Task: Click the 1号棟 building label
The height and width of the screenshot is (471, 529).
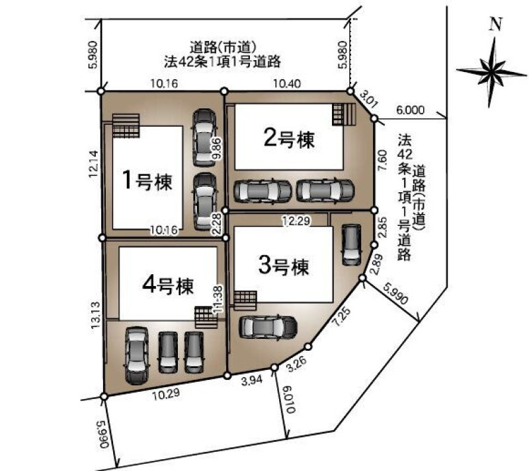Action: click(147, 180)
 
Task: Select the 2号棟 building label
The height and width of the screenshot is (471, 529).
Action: click(289, 139)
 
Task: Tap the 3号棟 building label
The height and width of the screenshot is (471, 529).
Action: click(284, 266)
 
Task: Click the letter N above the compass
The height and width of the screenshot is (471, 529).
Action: click(495, 24)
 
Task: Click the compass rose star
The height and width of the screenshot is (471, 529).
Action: click(491, 72)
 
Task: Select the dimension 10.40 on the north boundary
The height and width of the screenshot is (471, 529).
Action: click(287, 83)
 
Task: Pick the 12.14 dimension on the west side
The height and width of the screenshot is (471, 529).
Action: click(93, 164)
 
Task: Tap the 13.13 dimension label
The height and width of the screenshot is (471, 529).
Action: click(95, 315)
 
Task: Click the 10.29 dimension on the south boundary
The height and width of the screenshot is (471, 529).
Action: click(165, 394)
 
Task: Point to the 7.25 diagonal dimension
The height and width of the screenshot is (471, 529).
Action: click(341, 316)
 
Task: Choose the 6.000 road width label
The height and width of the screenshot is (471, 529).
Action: click(410, 110)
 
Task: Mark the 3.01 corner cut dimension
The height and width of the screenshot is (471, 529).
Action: click(367, 99)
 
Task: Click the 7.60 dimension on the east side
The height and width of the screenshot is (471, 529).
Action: click(383, 161)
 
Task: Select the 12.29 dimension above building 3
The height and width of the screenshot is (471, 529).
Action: click(296, 221)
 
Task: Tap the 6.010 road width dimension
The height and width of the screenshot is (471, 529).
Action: click(290, 400)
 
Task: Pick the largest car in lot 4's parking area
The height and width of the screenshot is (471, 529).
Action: click(137, 355)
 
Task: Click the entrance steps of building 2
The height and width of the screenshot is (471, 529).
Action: click(344, 114)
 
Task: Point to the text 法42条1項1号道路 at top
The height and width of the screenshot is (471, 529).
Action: click(223, 61)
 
